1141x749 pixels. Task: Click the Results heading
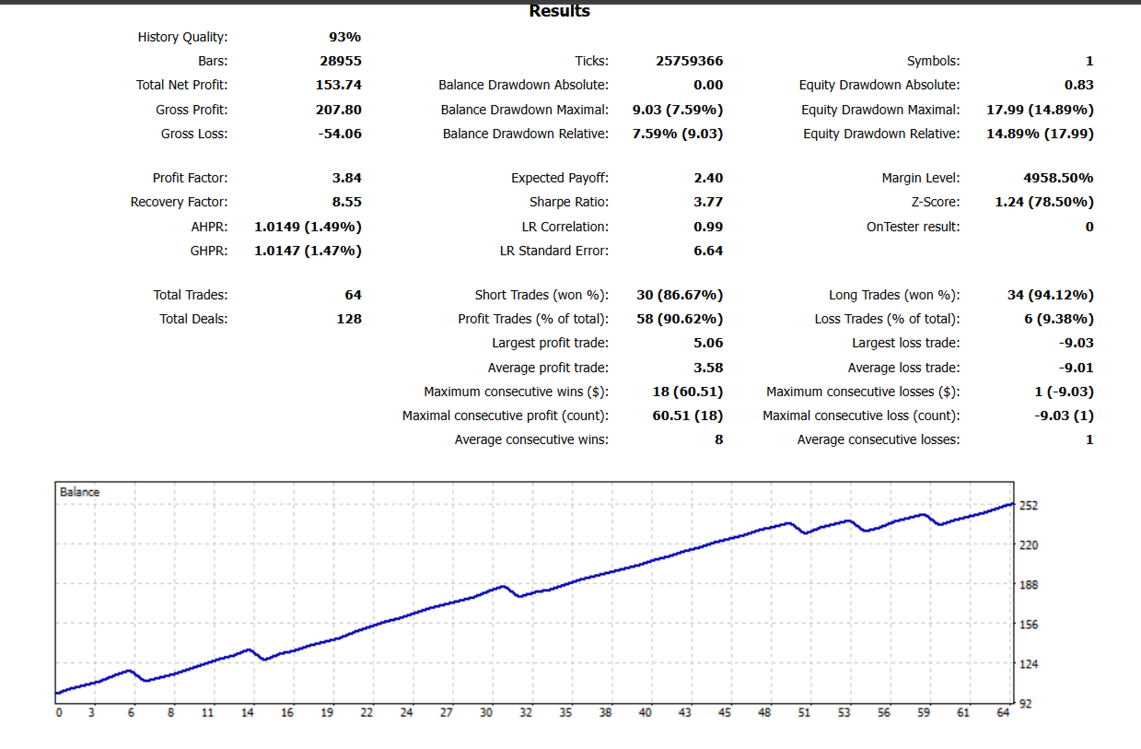click(560, 11)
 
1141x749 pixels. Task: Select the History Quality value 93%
click(344, 37)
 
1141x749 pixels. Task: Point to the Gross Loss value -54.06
click(339, 134)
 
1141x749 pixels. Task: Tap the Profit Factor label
click(190, 178)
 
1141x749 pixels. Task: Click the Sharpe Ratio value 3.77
click(707, 202)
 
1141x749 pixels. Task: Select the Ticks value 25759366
click(689, 61)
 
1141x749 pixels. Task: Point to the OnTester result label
click(913, 226)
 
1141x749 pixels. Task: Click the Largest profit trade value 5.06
click(707, 343)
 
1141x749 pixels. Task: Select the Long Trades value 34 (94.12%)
click(1050, 295)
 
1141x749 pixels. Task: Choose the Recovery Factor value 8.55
click(346, 202)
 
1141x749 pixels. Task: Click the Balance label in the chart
click(79, 492)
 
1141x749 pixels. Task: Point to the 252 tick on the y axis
click(1029, 506)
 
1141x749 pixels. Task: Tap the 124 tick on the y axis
click(1029, 663)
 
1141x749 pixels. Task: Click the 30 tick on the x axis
click(486, 712)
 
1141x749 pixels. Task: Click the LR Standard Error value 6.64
click(707, 251)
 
